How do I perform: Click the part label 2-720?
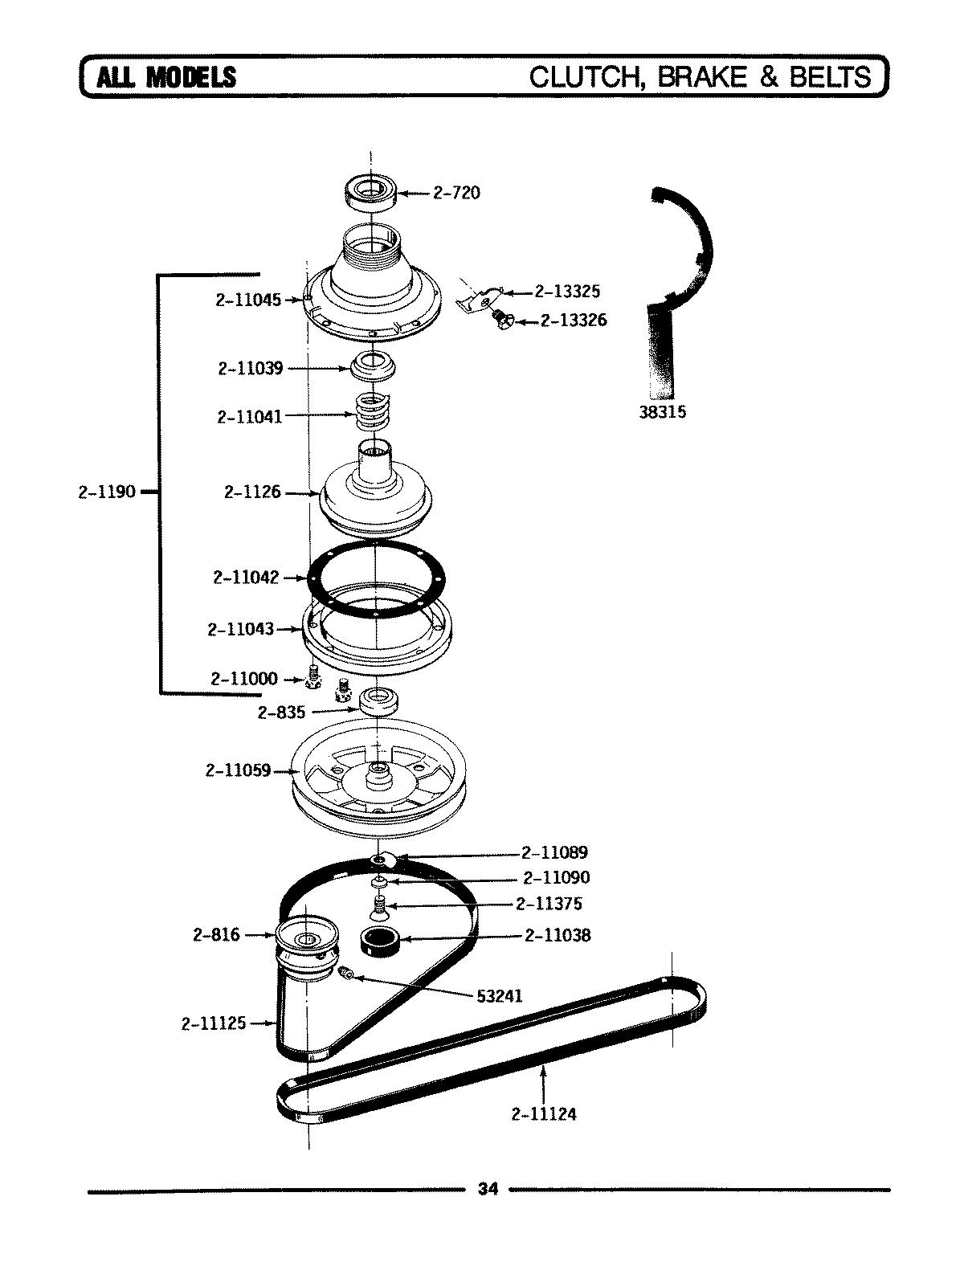point(456,193)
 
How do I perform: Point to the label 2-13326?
point(573,321)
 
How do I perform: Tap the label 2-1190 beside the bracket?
point(106,492)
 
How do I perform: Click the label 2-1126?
point(252,492)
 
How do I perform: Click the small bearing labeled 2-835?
point(379,701)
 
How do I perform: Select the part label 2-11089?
point(554,852)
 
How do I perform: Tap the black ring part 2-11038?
point(380,939)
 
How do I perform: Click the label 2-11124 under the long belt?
point(543,1114)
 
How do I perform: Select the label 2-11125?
point(214,1023)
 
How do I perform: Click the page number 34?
point(488,1189)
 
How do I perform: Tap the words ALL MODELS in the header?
point(166,77)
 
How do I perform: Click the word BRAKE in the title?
point(705,76)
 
